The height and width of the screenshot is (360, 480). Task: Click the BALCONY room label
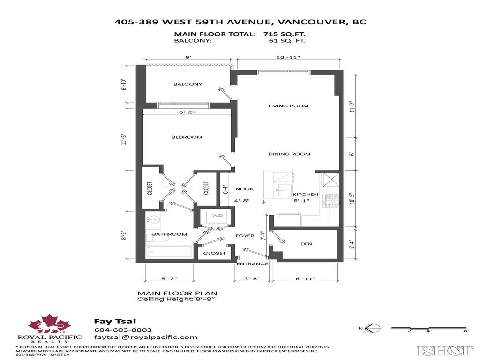click(187, 84)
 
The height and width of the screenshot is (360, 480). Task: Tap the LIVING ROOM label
click(288, 106)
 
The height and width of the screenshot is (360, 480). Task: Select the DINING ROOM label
click(289, 154)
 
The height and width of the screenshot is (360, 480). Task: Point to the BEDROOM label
click(187, 137)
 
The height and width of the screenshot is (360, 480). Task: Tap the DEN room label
click(307, 244)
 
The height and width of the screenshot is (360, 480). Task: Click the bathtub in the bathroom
click(169, 252)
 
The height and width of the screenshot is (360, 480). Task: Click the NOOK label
click(244, 189)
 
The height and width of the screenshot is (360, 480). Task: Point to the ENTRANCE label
click(252, 263)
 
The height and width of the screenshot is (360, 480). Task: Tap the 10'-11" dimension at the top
click(288, 57)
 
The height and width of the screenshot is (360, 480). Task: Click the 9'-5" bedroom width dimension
click(187, 112)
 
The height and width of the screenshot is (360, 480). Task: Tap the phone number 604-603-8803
click(116, 330)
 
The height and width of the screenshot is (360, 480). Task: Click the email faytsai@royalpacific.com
click(145, 337)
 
